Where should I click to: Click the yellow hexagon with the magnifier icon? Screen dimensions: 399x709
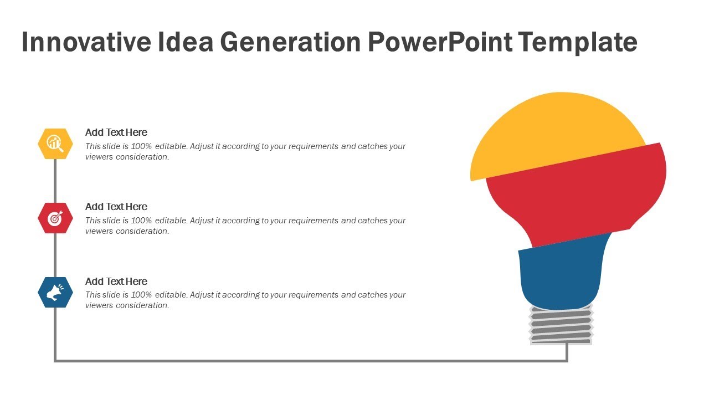click(x=55, y=144)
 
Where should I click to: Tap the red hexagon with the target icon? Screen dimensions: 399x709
click(x=55, y=218)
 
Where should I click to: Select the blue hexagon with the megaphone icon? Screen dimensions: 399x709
click(x=55, y=292)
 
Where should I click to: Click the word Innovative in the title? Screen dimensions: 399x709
click(x=86, y=43)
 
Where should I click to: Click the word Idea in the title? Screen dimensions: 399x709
click(x=186, y=43)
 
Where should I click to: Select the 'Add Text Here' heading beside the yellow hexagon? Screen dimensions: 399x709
click(x=116, y=132)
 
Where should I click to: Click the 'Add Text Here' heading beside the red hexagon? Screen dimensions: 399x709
click(x=116, y=207)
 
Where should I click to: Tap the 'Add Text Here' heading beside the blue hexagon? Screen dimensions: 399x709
click(x=116, y=282)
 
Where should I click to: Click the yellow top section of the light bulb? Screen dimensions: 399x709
click(x=554, y=133)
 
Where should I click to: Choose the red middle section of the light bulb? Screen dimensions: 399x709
click(x=576, y=194)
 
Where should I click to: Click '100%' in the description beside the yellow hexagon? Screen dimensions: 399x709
click(x=142, y=147)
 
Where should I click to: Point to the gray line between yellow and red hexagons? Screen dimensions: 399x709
click(x=55, y=181)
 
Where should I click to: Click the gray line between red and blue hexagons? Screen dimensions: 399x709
click(x=55, y=255)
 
